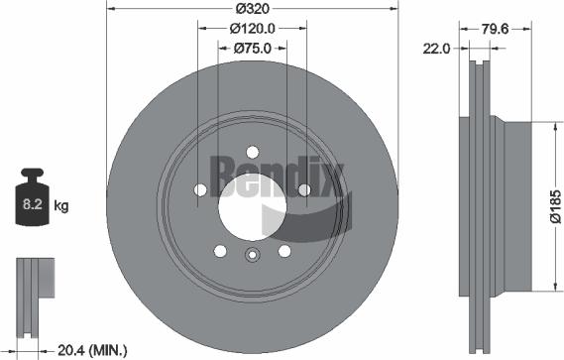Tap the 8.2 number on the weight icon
[32, 206]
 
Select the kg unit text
[60, 206]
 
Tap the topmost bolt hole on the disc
[252, 152]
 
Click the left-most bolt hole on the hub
[199, 190]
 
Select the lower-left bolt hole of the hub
[219, 251]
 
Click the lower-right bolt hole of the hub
[283, 251]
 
